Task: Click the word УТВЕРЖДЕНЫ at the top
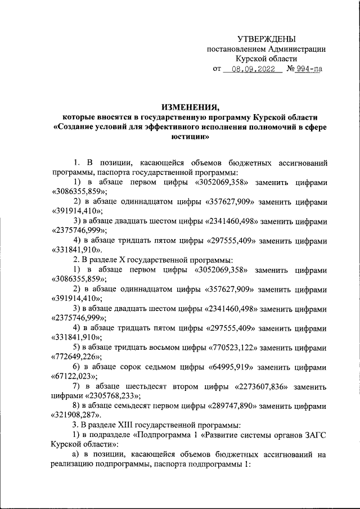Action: click(266, 39)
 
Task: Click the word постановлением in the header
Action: click(237, 49)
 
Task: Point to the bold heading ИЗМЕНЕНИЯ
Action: click(190, 106)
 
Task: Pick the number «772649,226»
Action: click(76, 357)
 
